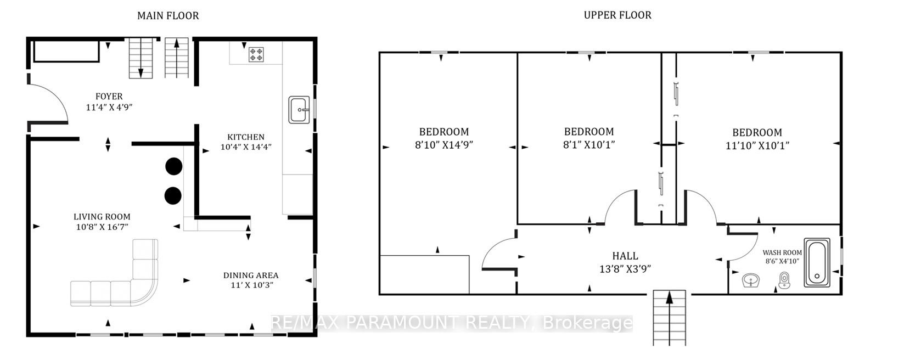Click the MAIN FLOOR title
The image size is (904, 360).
pyautogui.click(x=168, y=16)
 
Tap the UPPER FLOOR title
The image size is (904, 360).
pyautogui.click(x=617, y=15)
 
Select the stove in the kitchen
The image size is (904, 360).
pyautogui.click(x=256, y=54)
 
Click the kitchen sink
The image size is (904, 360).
pyautogui.click(x=299, y=109)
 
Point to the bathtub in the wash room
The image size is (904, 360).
pyautogui.click(x=817, y=262)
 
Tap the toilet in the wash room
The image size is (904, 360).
pyautogui.click(x=784, y=280)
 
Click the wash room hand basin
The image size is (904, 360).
pyautogui.click(x=751, y=280)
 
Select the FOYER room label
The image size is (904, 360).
pyautogui.click(x=109, y=97)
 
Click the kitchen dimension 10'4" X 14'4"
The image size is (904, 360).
pyautogui.click(x=246, y=147)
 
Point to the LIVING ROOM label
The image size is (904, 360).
pyautogui.click(x=102, y=217)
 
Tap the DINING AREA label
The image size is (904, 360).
pyautogui.click(x=251, y=275)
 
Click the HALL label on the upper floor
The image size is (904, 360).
pyautogui.click(x=625, y=256)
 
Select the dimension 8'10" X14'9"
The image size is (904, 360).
pyautogui.click(x=444, y=144)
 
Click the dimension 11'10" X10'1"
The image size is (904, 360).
pyautogui.click(x=757, y=145)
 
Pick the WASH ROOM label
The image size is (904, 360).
pyautogui.click(x=782, y=252)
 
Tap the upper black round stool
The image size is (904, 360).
pyautogui.click(x=173, y=166)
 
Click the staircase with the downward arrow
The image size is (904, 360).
pyautogui.click(x=141, y=58)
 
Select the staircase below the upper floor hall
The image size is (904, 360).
pyautogui.click(x=670, y=318)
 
